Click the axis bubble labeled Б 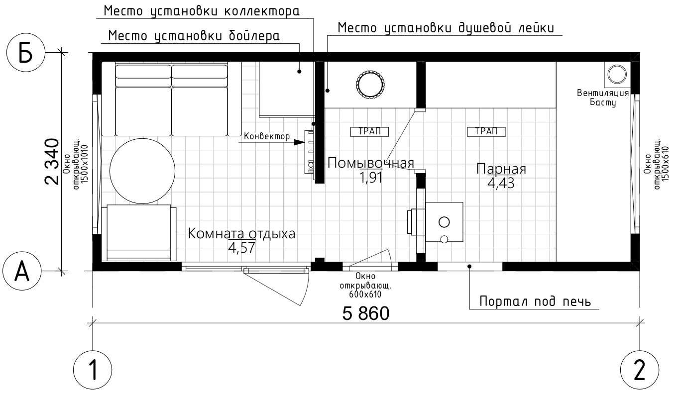pos(25,53)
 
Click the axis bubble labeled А pos(22,271)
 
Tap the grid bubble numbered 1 pos(93,370)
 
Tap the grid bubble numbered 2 pos(640,370)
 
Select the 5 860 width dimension pos(366,313)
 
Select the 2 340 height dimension pos(52,162)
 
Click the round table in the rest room pos(142,171)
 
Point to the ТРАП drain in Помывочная pos(369,132)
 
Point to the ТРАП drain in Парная pos(486,132)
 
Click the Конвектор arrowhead pos(299,142)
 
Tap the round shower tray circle pos(370,85)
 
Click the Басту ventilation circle pos(617,74)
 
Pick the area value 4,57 pos(241,248)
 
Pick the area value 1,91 pos(371,178)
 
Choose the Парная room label pos(501,169)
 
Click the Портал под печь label pos(535,301)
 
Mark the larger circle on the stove pos(444,222)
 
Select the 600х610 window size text pos(365,295)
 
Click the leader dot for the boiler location pos(299,72)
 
